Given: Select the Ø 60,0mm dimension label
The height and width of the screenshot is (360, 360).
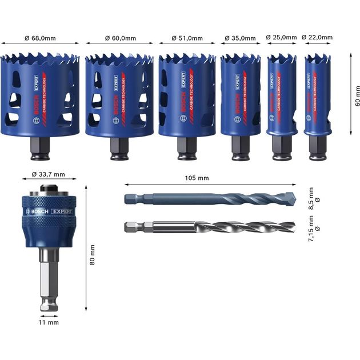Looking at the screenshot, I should pos(121,38).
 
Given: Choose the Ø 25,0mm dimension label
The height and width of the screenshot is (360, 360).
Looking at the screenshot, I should pos(282,38).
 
